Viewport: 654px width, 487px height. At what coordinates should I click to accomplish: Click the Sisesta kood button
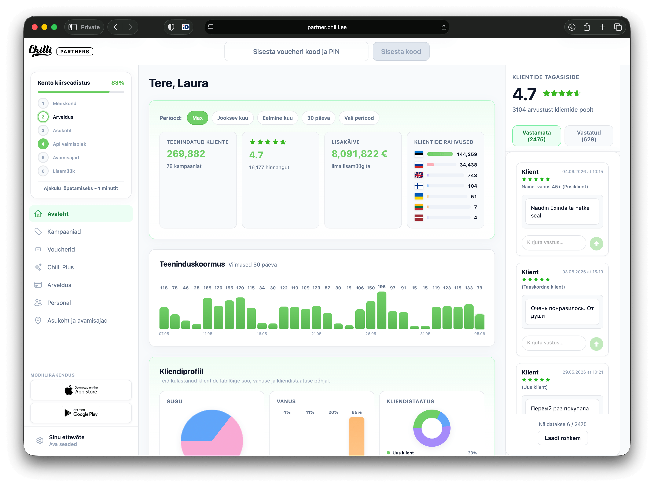coord(401,52)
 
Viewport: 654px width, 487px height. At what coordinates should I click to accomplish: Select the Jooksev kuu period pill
coord(232,118)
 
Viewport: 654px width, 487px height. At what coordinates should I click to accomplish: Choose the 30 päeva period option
coord(318,118)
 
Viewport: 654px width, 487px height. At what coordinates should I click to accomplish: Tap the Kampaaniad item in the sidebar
coord(64,232)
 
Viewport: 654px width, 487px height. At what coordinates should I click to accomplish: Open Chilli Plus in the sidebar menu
coord(60,267)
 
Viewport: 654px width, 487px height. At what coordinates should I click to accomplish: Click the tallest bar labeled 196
coord(381,310)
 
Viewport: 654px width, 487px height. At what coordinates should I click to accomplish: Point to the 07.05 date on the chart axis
coord(164,334)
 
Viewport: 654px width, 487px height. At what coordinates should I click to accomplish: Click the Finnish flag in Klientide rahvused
coord(419,186)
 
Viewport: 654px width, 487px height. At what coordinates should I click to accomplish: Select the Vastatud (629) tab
coord(589,136)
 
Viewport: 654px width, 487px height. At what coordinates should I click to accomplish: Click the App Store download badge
coord(81,390)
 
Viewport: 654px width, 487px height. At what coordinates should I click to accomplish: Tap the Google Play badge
coord(81,413)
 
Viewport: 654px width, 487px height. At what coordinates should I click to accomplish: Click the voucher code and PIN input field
coord(296,52)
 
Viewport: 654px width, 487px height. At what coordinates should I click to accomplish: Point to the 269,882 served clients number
coord(186,154)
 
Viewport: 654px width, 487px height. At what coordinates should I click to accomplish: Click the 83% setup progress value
coord(118,83)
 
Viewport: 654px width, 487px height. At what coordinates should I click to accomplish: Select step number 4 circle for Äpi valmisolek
coord(43,144)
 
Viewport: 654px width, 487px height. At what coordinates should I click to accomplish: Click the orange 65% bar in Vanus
coord(357,436)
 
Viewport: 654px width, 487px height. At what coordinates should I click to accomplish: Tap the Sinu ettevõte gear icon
coord(40,440)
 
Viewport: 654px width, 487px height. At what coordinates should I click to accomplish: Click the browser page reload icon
coord(444,28)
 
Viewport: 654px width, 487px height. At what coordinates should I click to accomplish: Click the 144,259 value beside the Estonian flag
coord(467,154)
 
